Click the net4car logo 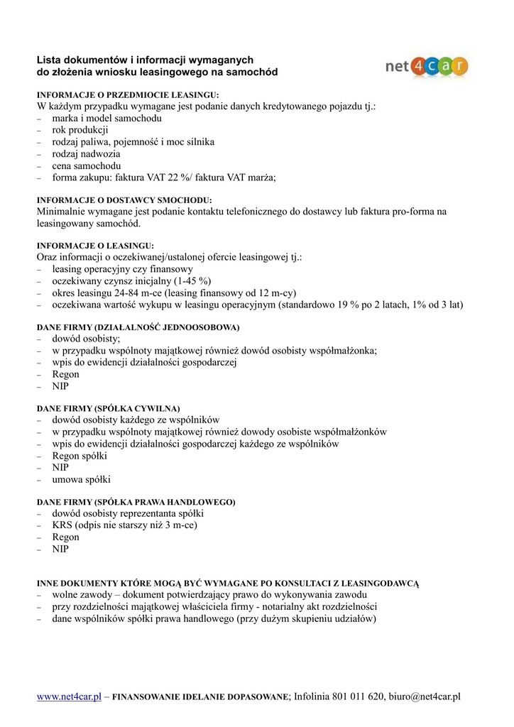(426, 67)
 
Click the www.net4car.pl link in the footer (69, 696)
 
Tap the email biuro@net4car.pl (424, 696)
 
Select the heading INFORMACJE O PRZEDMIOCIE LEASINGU (128, 94)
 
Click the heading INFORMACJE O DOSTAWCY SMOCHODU (124, 200)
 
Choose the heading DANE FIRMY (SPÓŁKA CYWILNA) (108, 408)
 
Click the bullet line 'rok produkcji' (80, 130)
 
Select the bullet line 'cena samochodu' (86, 166)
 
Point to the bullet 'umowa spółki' (81, 480)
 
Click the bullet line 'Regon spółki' (80, 456)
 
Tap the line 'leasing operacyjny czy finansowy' (122, 270)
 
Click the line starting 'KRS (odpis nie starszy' (124, 525)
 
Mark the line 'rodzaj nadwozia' (86, 154)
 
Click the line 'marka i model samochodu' (106, 119)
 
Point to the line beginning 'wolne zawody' (209, 594)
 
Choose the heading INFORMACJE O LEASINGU (95, 246)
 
